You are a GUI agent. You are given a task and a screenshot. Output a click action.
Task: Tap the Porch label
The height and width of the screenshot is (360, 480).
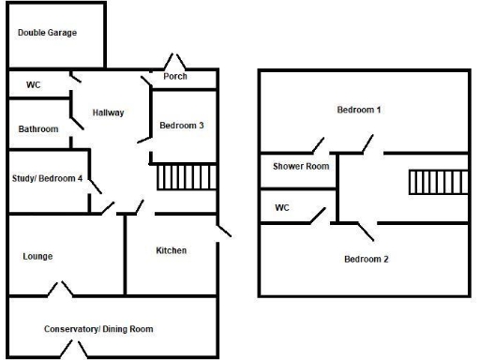pyautogui.click(x=175, y=77)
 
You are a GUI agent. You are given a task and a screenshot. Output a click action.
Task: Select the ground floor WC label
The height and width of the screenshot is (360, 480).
pyautogui.click(x=34, y=85)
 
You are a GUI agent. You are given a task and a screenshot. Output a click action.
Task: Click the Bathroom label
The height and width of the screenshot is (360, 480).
pyautogui.click(x=38, y=129)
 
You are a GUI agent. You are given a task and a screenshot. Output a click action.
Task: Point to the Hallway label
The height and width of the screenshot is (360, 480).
pyautogui.click(x=109, y=113)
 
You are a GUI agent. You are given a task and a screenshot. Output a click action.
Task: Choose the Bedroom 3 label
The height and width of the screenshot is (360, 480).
pyautogui.click(x=182, y=127)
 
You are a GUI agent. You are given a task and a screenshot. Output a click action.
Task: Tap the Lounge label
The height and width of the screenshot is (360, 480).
pyautogui.click(x=37, y=256)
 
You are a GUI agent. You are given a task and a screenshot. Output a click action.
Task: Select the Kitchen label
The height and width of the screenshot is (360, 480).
pyautogui.click(x=171, y=250)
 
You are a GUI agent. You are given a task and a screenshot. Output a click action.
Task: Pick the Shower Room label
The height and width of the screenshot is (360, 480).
pyautogui.click(x=301, y=167)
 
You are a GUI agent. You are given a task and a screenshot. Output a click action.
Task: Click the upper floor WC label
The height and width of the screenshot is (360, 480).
pyautogui.click(x=282, y=207)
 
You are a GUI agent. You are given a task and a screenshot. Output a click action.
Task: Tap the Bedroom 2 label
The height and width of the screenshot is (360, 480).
pyautogui.click(x=366, y=259)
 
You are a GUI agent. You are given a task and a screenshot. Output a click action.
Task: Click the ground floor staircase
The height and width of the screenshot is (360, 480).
pyautogui.click(x=186, y=176)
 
